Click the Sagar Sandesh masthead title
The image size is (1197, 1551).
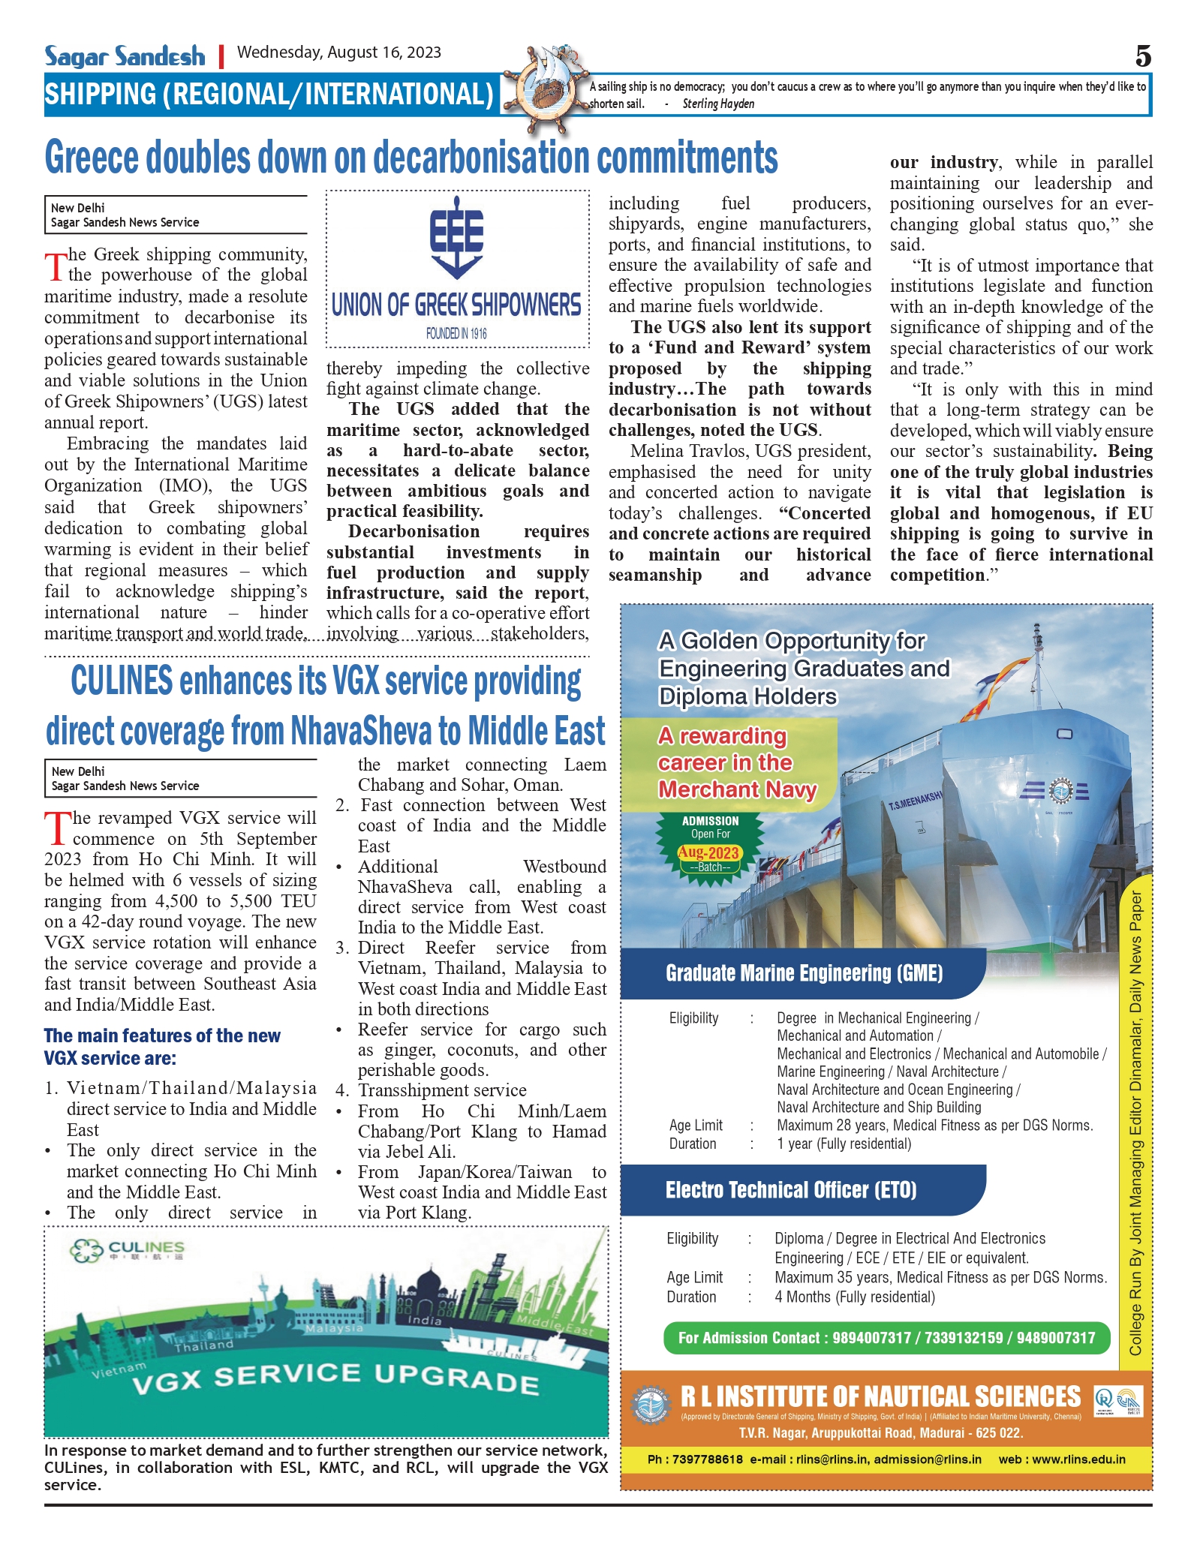point(125,56)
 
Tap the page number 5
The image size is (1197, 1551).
point(1142,56)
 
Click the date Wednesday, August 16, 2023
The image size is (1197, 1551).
point(339,53)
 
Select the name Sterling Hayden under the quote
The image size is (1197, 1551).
point(718,104)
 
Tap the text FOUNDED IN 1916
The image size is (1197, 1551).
point(456,333)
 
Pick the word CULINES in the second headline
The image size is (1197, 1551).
point(122,681)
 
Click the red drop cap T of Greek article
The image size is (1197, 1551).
point(56,266)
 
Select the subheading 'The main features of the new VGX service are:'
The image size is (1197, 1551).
point(162,1047)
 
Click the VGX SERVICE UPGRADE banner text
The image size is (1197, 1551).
point(335,1378)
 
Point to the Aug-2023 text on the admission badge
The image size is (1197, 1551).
point(708,852)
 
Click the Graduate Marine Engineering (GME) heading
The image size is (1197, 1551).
point(804,973)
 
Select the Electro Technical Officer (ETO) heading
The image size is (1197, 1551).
point(791,1190)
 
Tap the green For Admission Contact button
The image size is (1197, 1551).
point(886,1338)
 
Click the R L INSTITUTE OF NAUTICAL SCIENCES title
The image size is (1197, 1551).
point(880,1397)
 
